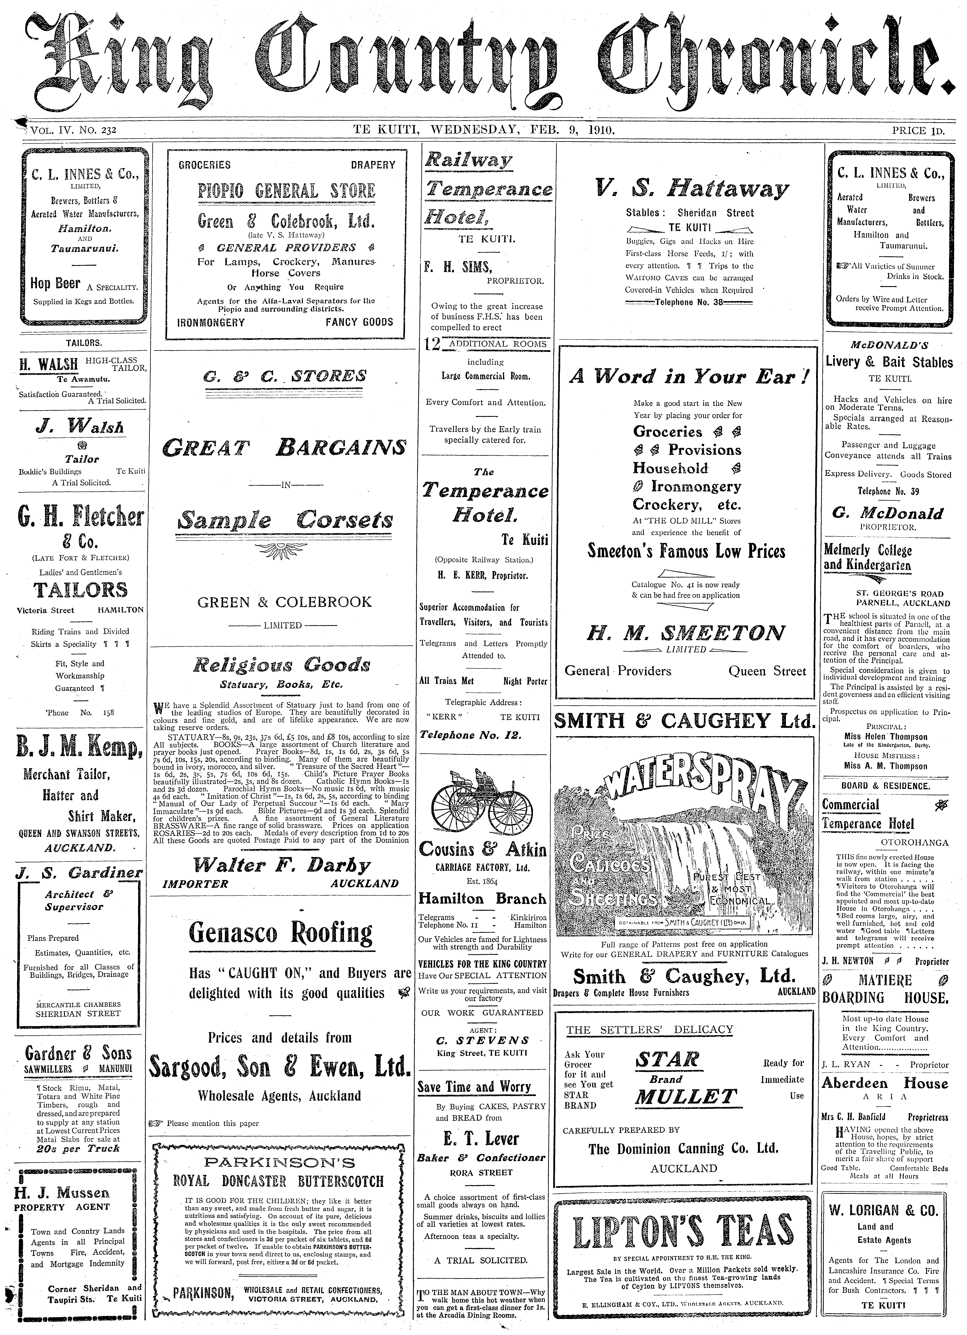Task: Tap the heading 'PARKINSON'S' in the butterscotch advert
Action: [x=280, y=1163]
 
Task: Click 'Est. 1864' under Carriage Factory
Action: [x=482, y=882]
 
